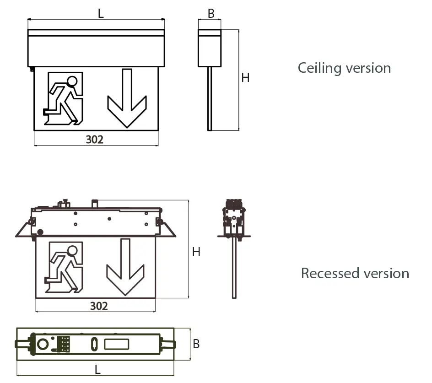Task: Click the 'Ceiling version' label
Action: (x=344, y=68)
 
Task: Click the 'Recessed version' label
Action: (x=355, y=273)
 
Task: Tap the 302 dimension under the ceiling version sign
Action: (x=94, y=140)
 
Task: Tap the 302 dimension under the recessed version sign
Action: (x=99, y=306)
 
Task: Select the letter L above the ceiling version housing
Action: (x=101, y=13)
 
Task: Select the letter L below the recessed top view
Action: (x=97, y=369)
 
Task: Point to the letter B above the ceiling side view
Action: (x=211, y=14)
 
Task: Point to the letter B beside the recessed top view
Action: (x=196, y=344)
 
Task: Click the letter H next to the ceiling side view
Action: (x=245, y=78)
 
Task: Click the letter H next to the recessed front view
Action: (x=196, y=252)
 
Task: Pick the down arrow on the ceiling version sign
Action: (x=127, y=98)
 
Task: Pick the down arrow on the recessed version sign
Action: (x=125, y=267)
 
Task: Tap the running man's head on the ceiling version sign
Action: (x=72, y=81)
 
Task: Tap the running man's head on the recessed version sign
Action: (x=72, y=251)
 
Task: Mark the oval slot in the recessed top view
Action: (x=94, y=344)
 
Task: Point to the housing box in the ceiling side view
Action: (x=210, y=48)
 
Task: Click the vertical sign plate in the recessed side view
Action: (x=234, y=267)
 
